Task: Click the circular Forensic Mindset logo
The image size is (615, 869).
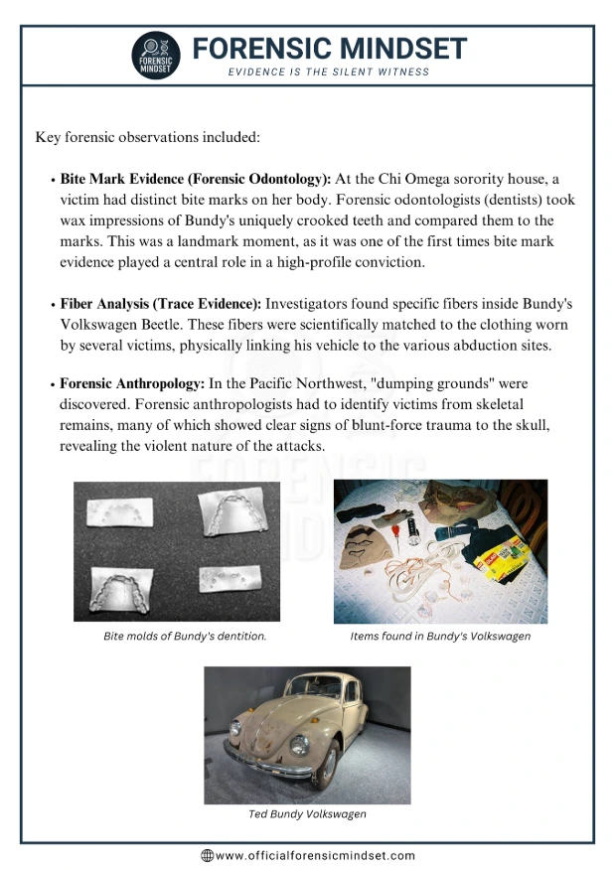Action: (156, 57)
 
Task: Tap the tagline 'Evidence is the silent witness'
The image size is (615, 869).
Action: (329, 72)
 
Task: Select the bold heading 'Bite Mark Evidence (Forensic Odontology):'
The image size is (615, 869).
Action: (196, 179)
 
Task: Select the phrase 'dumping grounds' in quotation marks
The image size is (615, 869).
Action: (446, 383)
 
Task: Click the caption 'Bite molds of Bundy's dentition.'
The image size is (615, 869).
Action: (185, 637)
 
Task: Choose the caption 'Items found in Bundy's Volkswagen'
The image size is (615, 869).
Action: (440, 637)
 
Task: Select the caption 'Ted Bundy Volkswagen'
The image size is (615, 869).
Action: (307, 814)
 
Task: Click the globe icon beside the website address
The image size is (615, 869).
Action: (207, 855)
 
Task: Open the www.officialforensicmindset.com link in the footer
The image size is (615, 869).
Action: (315, 855)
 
